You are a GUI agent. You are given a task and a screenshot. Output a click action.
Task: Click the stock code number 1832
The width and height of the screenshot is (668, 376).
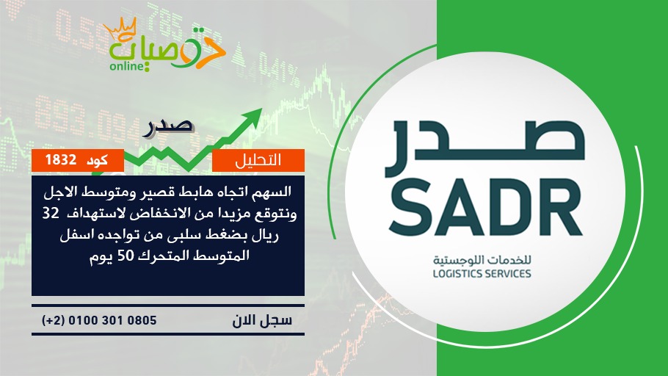click(61, 160)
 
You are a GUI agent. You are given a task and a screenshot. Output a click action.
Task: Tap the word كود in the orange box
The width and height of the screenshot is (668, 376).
click(97, 160)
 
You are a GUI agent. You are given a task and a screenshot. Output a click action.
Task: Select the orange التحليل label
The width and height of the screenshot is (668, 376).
click(258, 160)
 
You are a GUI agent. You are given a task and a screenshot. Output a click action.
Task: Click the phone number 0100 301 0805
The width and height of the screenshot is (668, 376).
click(112, 320)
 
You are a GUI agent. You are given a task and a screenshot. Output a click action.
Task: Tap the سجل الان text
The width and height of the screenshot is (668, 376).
click(263, 320)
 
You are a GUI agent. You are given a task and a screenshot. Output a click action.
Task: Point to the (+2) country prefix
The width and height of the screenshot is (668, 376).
click(53, 320)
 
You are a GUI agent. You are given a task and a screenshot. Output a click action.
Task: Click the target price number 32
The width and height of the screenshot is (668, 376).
click(50, 213)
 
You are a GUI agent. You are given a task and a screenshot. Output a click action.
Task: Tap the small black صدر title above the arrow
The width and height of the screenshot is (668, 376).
click(169, 127)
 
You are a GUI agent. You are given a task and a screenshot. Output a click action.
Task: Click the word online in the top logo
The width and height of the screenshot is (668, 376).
click(126, 67)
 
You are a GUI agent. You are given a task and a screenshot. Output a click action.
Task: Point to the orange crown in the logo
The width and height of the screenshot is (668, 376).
click(120, 29)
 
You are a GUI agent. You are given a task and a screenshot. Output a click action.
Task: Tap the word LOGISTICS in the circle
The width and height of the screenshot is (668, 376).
click(457, 274)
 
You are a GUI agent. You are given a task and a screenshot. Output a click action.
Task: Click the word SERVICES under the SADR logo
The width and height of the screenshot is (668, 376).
click(508, 274)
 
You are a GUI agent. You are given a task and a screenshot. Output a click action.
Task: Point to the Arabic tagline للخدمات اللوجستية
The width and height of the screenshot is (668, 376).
click(482, 259)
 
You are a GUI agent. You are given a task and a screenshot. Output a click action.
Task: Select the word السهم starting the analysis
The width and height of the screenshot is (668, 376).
click(276, 192)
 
